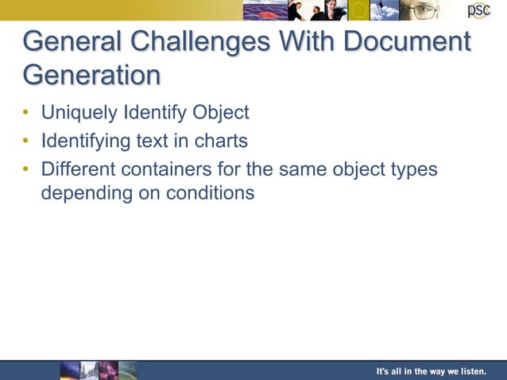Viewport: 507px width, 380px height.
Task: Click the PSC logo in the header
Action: pos(478,10)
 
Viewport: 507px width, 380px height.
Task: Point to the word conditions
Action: pos(210,193)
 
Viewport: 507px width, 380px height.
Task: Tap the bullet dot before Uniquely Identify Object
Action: pos(26,113)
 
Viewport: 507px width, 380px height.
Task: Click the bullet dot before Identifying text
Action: pos(26,142)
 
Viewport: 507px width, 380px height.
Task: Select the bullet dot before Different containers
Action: pos(26,170)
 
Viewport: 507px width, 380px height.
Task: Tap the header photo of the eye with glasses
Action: pos(418,10)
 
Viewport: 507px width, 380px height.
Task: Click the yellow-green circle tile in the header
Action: pos(359,10)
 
